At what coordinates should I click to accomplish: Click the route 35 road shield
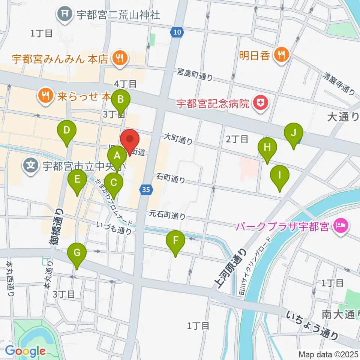147,190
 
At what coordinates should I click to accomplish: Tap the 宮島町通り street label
195,74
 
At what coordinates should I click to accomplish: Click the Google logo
25,351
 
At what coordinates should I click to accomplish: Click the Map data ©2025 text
328,354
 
